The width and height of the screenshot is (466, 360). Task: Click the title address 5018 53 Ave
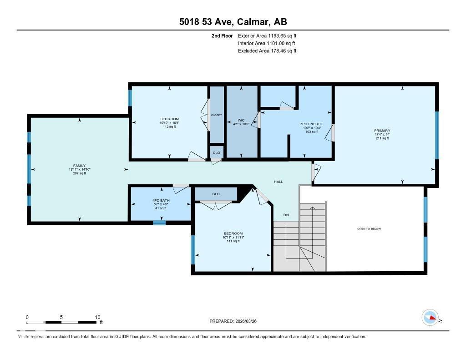click(x=233, y=22)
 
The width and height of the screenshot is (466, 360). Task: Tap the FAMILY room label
click(x=80, y=166)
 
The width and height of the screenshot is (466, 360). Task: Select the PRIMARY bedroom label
click(x=382, y=130)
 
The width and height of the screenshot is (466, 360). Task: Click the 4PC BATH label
click(x=161, y=200)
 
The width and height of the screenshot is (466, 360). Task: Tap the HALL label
click(x=278, y=182)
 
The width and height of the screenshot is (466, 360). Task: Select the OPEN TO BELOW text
click(x=369, y=228)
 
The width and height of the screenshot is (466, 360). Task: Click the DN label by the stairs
click(x=286, y=215)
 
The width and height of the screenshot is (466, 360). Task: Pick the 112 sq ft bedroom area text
click(x=169, y=127)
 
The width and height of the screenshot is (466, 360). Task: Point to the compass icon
click(x=430, y=317)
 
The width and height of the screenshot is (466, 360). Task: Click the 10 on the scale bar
click(x=97, y=317)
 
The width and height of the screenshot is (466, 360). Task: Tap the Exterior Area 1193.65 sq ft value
click(x=267, y=35)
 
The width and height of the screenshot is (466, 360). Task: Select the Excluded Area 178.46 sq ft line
click(x=267, y=51)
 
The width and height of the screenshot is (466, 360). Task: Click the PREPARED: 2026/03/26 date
click(x=236, y=321)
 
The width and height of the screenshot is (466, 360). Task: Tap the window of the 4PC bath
click(x=159, y=223)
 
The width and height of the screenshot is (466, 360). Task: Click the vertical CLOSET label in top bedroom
click(x=216, y=115)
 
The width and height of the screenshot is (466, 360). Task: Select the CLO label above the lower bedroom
click(x=216, y=194)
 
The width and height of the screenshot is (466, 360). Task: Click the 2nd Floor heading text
click(x=222, y=35)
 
